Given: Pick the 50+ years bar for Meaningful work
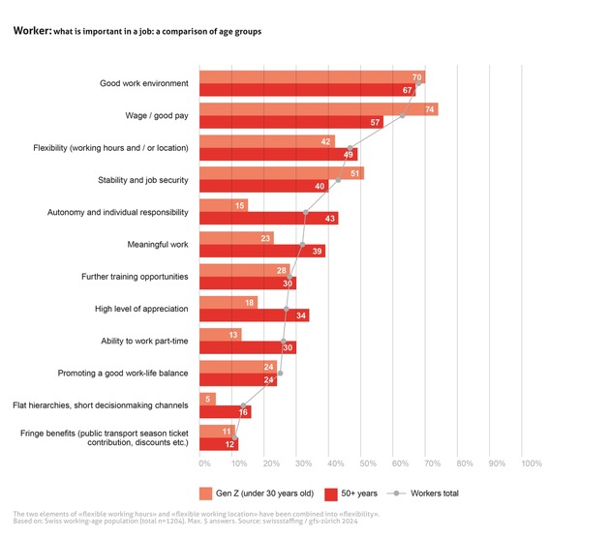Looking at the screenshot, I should point(261,251).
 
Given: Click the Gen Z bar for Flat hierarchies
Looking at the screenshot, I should point(207,399).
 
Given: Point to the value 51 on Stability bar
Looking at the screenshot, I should point(356,173).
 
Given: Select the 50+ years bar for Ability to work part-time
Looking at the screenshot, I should point(247,347).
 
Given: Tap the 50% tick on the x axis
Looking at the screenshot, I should point(365,464).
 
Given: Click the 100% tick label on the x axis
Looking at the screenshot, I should point(532,464).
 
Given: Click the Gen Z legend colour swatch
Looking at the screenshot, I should point(206,493).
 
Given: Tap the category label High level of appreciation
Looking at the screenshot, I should point(141,309).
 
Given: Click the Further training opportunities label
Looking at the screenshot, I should point(135,277).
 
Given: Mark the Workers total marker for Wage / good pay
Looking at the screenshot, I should point(403,116).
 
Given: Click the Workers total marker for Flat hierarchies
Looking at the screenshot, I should point(243,406).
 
